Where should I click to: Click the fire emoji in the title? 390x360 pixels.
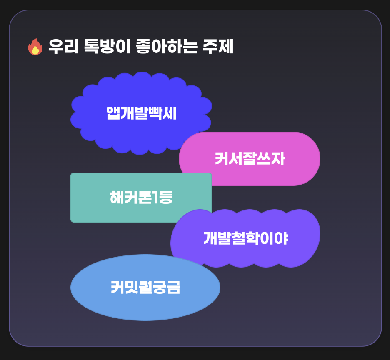point(35,47)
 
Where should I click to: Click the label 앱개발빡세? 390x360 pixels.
point(141,113)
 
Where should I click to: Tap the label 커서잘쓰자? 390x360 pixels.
point(250,159)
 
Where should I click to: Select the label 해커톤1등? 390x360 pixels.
point(141,197)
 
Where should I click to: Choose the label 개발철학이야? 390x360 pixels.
point(245,238)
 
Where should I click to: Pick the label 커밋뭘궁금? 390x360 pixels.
point(145,287)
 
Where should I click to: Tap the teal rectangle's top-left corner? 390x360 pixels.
point(72,174)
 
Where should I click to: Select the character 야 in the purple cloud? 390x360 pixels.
point(282,238)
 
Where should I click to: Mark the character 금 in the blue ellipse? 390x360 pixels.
point(173,287)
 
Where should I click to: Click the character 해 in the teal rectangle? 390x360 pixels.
point(117,197)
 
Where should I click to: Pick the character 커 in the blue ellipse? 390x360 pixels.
point(117,287)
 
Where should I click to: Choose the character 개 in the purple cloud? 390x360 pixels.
point(210,238)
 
